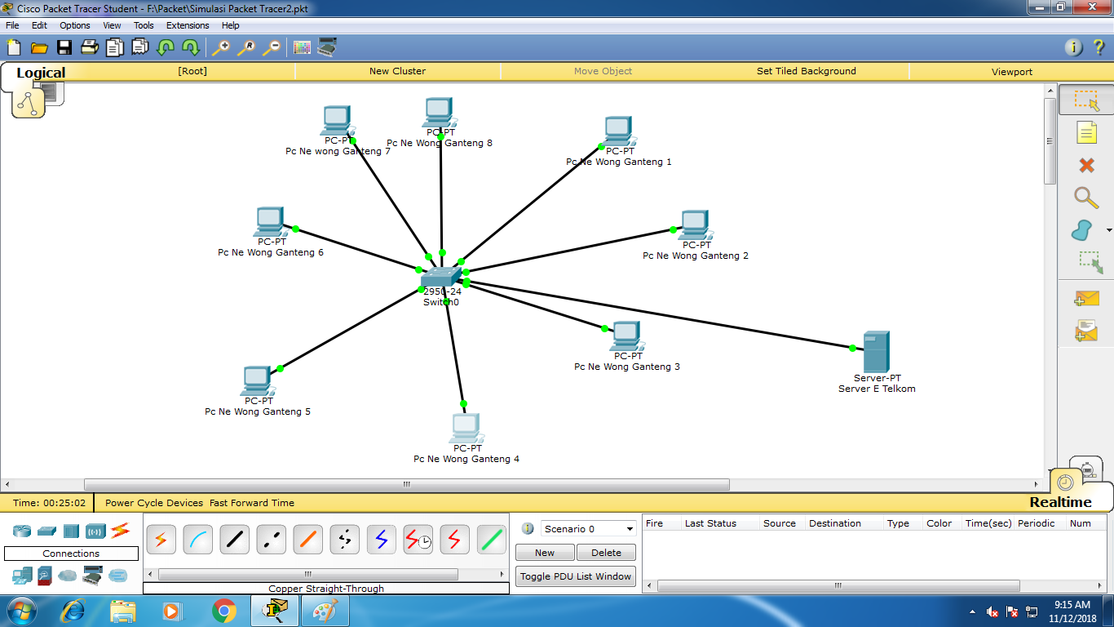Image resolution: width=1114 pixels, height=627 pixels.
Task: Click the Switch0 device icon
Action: pyautogui.click(x=441, y=278)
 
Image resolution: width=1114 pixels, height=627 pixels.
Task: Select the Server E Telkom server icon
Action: pyautogui.click(x=877, y=352)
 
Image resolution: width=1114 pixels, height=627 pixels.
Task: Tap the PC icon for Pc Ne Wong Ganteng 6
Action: pyautogui.click(x=270, y=221)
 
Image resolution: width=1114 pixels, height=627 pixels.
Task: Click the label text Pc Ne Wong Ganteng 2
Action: pyautogui.click(x=695, y=256)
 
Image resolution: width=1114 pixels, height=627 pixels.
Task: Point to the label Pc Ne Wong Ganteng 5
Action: pyautogui.click(x=257, y=411)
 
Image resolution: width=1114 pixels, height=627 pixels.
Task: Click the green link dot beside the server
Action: pyautogui.click(x=852, y=348)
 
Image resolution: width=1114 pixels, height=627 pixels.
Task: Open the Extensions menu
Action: pyautogui.click(x=188, y=25)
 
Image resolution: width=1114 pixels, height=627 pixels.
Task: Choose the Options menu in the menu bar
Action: pyautogui.click(x=74, y=25)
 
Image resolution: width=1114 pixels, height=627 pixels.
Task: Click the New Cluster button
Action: pyautogui.click(x=397, y=71)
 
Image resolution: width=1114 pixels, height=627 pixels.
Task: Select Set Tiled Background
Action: pyautogui.click(x=806, y=71)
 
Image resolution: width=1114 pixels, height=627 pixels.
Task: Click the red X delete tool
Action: pyautogui.click(x=1086, y=166)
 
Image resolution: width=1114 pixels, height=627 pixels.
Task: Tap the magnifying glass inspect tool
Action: pyautogui.click(x=1085, y=198)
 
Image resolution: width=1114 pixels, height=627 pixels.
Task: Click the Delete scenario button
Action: pyautogui.click(x=606, y=553)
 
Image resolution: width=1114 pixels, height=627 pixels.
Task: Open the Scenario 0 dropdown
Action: pyautogui.click(x=588, y=528)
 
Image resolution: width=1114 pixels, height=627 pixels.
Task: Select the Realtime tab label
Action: pyautogui.click(x=1060, y=502)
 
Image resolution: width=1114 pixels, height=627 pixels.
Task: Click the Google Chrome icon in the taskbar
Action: pyautogui.click(x=224, y=611)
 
